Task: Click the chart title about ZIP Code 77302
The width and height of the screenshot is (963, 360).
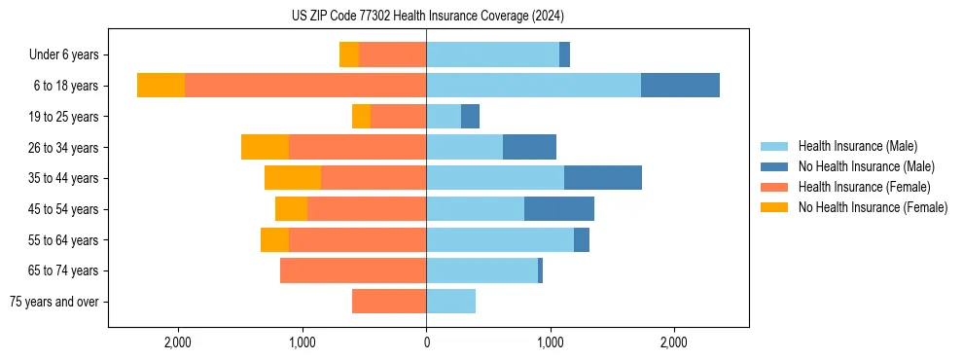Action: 427,17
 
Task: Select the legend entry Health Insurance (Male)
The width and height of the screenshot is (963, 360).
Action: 857,146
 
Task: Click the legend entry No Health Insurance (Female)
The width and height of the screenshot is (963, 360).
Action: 873,207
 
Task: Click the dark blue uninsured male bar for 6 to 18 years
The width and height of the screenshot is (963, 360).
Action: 680,86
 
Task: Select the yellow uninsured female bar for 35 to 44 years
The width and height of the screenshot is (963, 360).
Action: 293,178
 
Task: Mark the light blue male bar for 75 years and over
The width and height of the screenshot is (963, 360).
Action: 450,302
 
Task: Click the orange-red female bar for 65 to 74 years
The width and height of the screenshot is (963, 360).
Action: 353,270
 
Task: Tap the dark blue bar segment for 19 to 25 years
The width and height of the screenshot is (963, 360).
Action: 470,117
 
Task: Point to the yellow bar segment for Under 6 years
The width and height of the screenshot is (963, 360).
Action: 349,54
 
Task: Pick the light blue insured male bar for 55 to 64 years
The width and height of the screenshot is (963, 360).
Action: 500,239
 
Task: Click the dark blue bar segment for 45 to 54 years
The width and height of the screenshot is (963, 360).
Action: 559,209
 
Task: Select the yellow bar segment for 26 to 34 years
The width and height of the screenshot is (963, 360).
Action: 265,147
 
